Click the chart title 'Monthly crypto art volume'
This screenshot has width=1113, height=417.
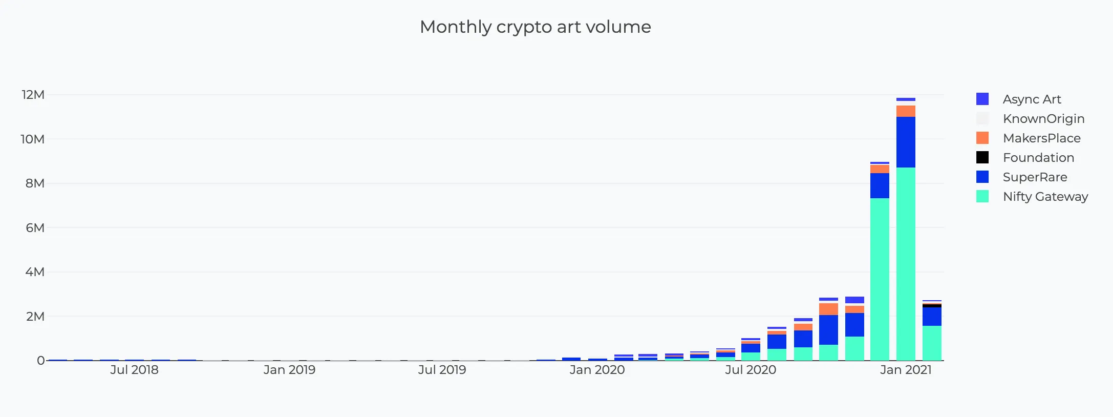pyautogui.click(x=535, y=27)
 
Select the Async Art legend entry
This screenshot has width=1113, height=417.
pyautogui.click(x=1031, y=99)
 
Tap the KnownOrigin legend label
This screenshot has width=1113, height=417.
pyautogui.click(x=1043, y=118)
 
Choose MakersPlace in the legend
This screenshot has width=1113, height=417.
pyautogui.click(x=1041, y=138)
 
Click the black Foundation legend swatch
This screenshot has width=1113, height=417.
pyautogui.click(x=982, y=157)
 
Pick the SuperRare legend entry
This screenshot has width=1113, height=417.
pyautogui.click(x=1035, y=177)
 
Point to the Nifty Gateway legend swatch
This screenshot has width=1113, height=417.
pyautogui.click(x=982, y=196)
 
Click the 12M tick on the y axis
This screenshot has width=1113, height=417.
pyautogui.click(x=33, y=95)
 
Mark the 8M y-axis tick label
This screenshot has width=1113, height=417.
pyautogui.click(x=35, y=183)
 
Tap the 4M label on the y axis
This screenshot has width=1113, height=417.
pyautogui.click(x=35, y=272)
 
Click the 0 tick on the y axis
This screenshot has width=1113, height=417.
pyautogui.click(x=40, y=360)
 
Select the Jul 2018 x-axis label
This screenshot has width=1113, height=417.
pyautogui.click(x=134, y=370)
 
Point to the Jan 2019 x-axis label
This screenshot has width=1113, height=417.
pyautogui.click(x=289, y=370)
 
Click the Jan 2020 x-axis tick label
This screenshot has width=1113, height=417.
pyautogui.click(x=597, y=370)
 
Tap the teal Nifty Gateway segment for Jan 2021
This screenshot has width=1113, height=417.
pyautogui.click(x=906, y=264)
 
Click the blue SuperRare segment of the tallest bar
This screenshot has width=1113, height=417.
pyautogui.click(x=906, y=142)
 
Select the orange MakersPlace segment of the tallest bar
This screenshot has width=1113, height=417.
pyautogui.click(x=906, y=111)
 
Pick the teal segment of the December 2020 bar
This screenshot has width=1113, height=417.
pyautogui.click(x=880, y=279)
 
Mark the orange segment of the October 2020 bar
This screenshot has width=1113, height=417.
pyautogui.click(x=828, y=309)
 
